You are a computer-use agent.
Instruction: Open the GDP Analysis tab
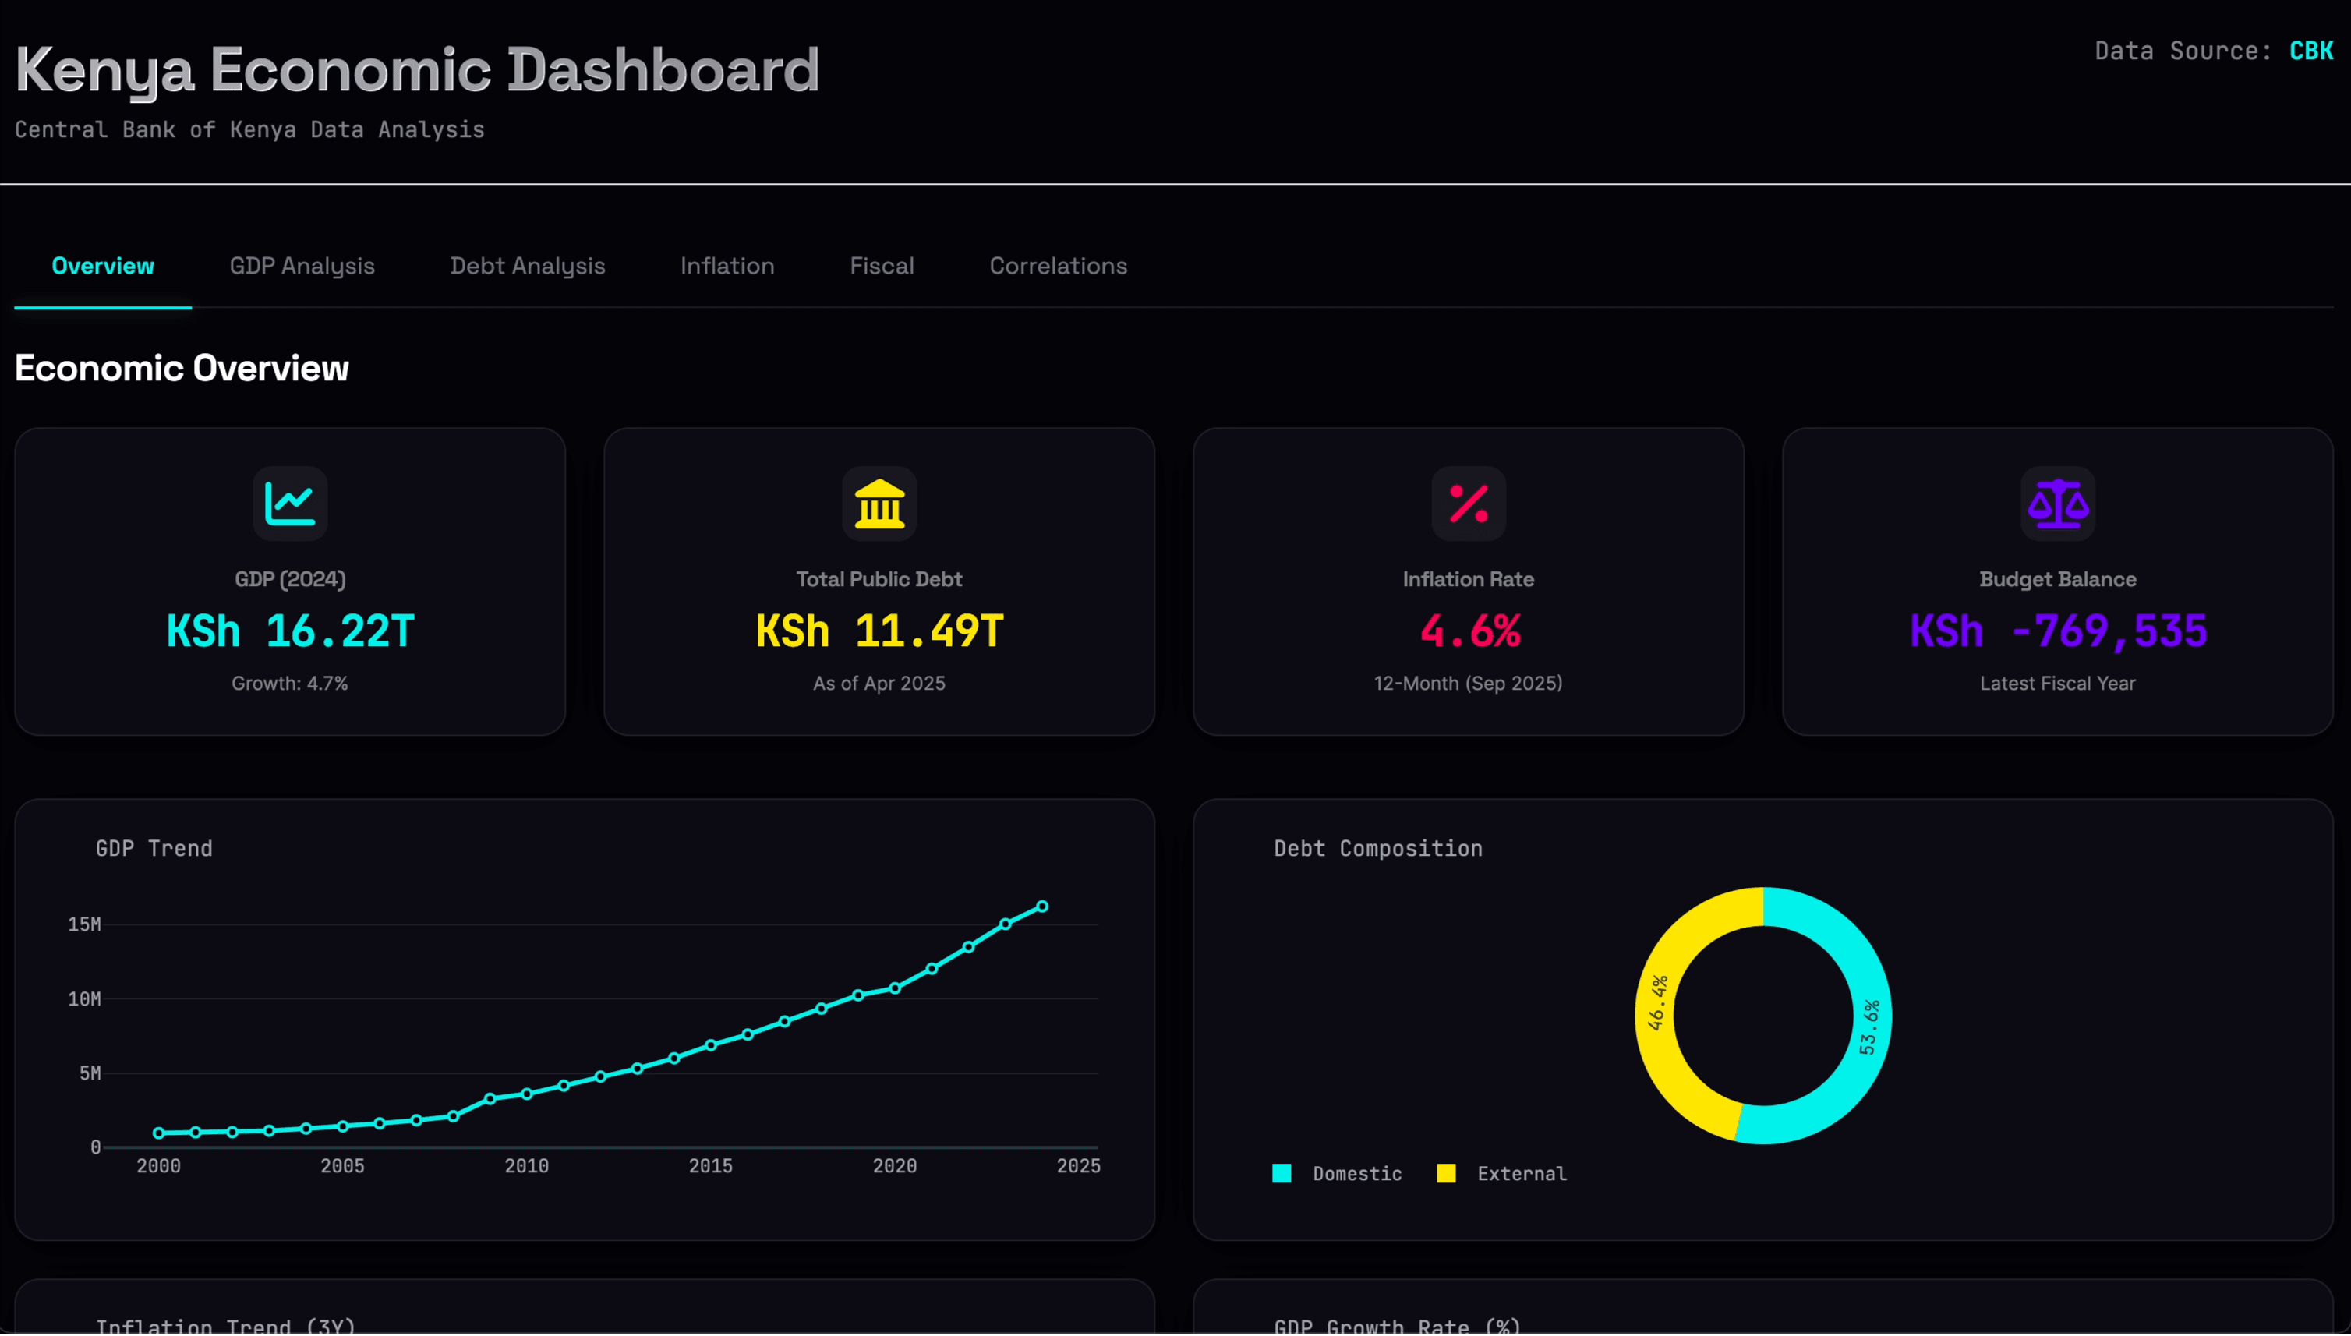coord(302,266)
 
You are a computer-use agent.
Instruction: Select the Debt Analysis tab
coord(527,266)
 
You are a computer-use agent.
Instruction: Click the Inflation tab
coord(727,266)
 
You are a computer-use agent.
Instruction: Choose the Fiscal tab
coord(881,266)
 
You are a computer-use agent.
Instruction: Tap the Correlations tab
coord(1057,266)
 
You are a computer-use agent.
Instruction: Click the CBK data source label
coord(2310,51)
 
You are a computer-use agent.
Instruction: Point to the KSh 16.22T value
coord(290,631)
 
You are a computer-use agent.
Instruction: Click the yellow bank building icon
coord(879,504)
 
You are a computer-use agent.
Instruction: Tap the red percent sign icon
coord(1469,504)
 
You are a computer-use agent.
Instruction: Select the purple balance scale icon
coord(2057,504)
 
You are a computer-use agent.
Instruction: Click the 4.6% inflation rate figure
coord(1469,631)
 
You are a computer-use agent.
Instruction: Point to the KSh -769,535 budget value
coord(2057,631)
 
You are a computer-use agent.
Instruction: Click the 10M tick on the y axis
coord(84,999)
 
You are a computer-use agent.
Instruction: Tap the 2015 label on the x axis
coord(710,1166)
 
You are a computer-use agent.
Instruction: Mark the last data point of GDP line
coord(1042,907)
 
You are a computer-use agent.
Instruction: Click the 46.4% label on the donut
coord(1657,1003)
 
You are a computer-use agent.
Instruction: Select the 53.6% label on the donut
coord(1869,1027)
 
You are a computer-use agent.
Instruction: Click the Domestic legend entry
coord(1338,1174)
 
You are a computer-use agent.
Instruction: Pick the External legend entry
coord(1502,1174)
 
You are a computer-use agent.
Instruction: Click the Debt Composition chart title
coord(1377,849)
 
